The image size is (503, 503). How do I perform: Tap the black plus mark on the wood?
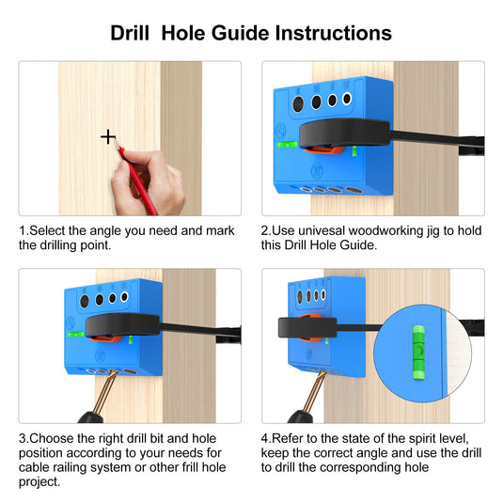[108, 137]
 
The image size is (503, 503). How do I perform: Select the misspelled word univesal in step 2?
[322, 230]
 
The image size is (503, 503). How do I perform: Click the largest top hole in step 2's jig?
[298, 103]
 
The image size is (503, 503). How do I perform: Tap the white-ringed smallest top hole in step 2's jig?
[347, 99]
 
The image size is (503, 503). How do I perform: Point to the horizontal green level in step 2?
[288, 145]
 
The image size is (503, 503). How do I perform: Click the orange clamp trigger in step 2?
[324, 149]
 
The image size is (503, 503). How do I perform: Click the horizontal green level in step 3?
[76, 335]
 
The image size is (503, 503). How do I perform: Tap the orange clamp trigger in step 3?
[105, 338]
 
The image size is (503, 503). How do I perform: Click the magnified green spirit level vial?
[418, 353]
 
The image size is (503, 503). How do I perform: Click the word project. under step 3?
[39, 481]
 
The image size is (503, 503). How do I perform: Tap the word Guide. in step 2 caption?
[358, 245]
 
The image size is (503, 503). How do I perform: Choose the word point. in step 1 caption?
[95, 245]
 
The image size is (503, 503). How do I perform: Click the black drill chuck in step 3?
[91, 417]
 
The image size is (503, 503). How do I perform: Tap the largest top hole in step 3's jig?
[85, 301]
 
